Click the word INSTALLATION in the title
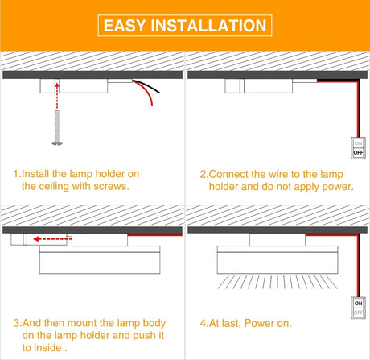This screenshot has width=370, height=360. (208, 26)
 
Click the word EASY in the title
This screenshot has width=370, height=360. (125, 26)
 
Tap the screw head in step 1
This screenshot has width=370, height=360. (57, 143)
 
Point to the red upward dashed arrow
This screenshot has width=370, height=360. (57, 96)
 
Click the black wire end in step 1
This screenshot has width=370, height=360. (159, 93)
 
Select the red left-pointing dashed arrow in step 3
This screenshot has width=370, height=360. (52, 239)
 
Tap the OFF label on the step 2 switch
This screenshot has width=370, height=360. (358, 153)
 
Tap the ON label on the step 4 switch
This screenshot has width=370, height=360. (358, 304)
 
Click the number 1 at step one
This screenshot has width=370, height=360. (16, 174)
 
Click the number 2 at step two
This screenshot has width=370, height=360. (203, 174)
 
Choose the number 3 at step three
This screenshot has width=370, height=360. (16, 323)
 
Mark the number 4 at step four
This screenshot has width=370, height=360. (203, 323)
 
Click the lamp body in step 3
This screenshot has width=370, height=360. (100, 259)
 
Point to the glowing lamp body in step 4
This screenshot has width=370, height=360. (277, 259)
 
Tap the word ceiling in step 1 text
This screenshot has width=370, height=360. (54, 187)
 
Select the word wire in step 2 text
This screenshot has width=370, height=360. (278, 175)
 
